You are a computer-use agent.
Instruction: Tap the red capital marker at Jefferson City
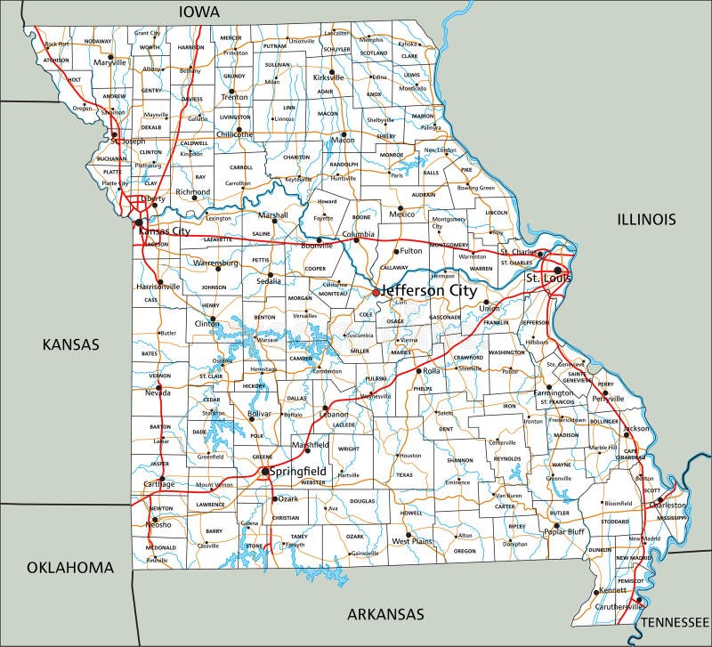(x=376, y=291)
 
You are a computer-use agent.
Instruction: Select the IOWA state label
(x=200, y=12)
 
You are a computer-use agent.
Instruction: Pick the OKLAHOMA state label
(x=69, y=567)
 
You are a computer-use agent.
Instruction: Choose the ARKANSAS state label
(x=385, y=614)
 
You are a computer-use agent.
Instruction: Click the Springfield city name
(x=298, y=471)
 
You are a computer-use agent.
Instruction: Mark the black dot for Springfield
(x=264, y=472)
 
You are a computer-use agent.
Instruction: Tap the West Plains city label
(x=412, y=540)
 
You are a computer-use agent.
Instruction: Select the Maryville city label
(x=110, y=63)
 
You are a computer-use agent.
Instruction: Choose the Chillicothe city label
(x=234, y=134)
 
